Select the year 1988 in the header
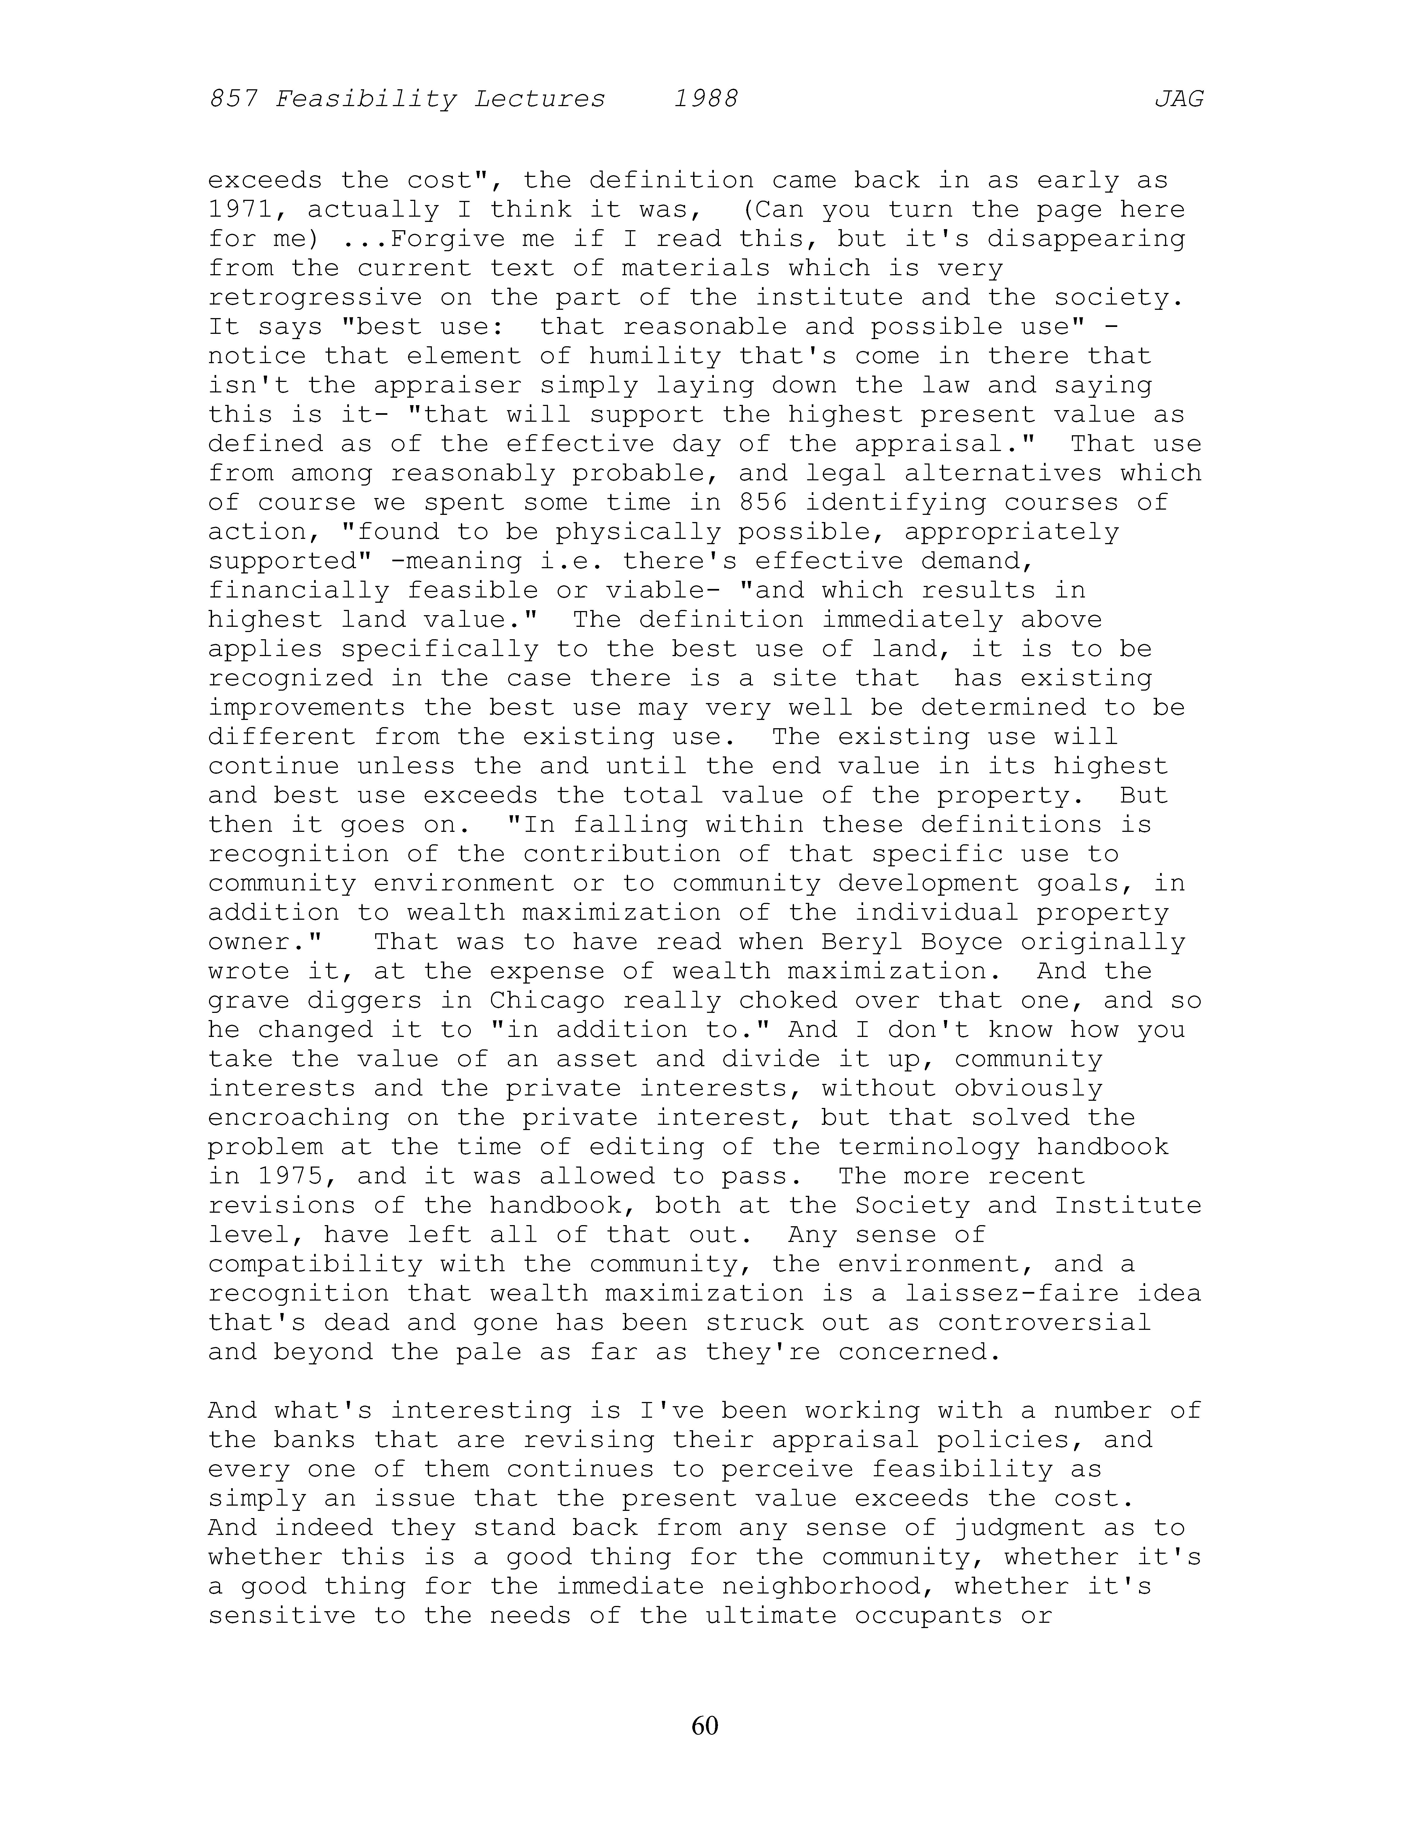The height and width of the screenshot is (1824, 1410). [706, 99]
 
